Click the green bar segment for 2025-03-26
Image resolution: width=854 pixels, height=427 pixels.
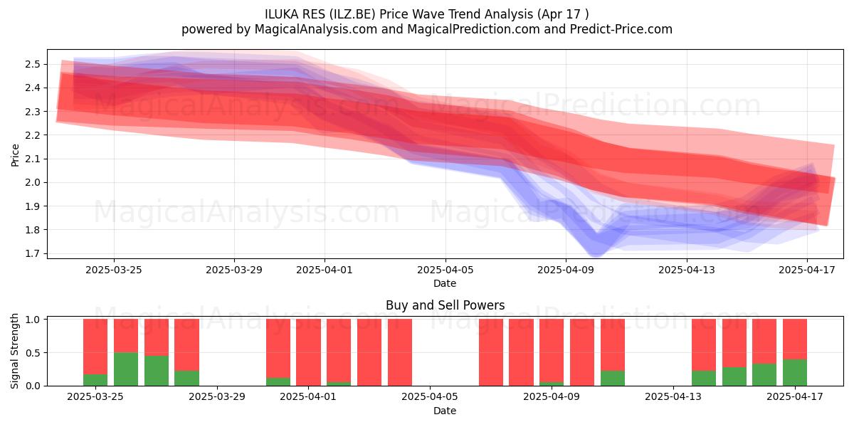(126, 369)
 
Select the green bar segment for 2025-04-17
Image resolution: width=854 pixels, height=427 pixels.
(795, 372)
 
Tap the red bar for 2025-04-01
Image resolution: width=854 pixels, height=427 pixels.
(308, 352)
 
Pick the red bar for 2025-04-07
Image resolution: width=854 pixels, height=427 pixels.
(491, 352)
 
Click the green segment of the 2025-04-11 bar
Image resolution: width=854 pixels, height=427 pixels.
(613, 378)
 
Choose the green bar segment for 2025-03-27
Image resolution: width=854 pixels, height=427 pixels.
(157, 371)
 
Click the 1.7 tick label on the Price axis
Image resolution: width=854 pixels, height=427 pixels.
(33, 253)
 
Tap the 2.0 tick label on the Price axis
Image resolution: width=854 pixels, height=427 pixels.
(33, 183)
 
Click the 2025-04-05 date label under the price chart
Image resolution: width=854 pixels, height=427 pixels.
(446, 270)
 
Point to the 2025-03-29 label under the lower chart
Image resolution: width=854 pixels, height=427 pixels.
(217, 397)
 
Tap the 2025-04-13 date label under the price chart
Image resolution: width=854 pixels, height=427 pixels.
(687, 270)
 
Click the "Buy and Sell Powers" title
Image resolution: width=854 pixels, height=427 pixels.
(446, 305)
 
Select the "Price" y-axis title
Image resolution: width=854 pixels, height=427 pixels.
(15, 155)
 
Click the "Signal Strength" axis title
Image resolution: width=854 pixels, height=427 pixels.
(14, 351)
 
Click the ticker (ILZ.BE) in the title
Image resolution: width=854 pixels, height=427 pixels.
(350, 14)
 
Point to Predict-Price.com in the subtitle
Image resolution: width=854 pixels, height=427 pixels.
(621, 29)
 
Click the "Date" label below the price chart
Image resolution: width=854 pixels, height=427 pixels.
(445, 283)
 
